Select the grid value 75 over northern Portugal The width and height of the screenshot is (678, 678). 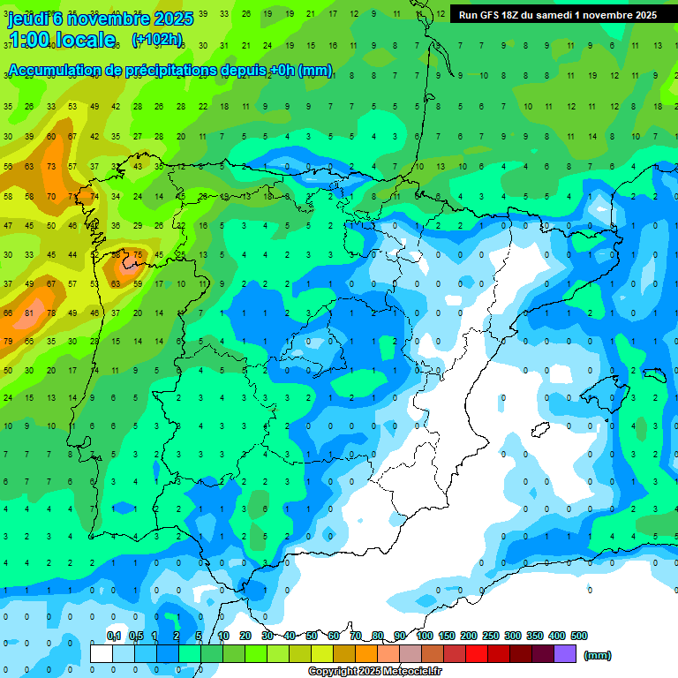[137, 255]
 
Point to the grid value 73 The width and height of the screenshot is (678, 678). [50, 166]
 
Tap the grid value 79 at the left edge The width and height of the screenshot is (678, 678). [8, 341]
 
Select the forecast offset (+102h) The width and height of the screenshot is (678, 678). [156, 40]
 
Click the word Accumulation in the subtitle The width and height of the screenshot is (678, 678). [60, 71]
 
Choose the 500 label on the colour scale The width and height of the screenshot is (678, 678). [579, 636]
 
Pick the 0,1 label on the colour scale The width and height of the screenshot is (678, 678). [114, 636]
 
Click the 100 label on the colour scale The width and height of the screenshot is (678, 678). [425, 636]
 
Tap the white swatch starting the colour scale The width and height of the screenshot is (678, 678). [102, 654]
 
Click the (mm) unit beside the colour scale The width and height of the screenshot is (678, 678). [598, 655]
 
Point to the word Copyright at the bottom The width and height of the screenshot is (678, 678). [334, 672]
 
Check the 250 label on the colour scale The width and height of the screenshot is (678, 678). [491, 636]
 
